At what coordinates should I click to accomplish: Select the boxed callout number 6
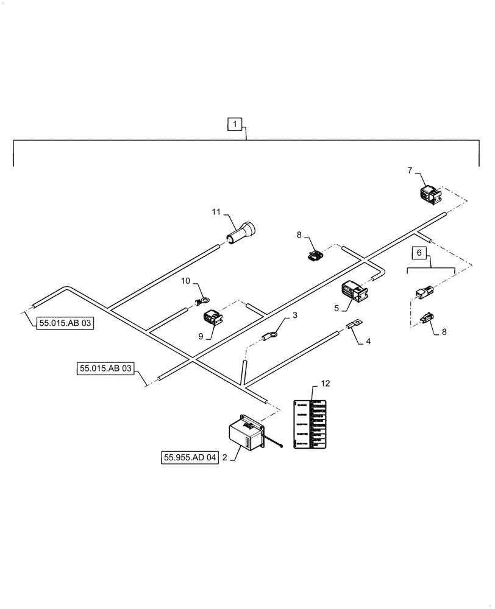418,252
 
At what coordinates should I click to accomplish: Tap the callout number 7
411,170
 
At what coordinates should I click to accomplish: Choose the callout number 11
215,213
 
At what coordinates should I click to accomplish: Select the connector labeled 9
207,318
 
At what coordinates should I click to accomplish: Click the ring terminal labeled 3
270,334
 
